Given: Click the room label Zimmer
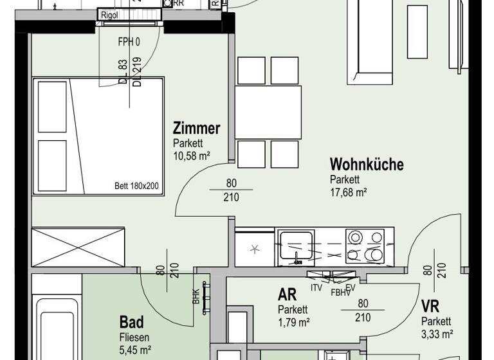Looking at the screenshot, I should tap(196, 128).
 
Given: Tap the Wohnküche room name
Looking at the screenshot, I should tap(367, 165).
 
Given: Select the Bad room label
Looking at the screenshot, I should tap(132, 321).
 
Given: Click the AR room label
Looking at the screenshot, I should tap(287, 295).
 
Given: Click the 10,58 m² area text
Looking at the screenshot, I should tap(192, 156).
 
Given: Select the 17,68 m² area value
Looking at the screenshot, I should tap(348, 192).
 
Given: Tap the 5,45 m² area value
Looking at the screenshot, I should tap(135, 350).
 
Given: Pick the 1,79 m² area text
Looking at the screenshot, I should tap(294, 321).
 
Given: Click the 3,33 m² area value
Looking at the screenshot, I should tap(437, 333).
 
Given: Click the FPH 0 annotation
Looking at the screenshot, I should tap(129, 42).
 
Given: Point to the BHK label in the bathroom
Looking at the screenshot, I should tap(196, 296).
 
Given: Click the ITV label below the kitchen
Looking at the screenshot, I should tap(316, 287).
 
